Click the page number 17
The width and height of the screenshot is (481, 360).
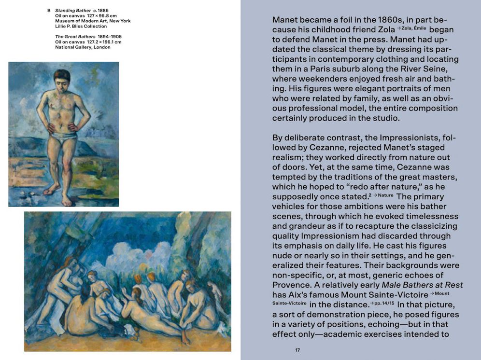click(x=297, y=350)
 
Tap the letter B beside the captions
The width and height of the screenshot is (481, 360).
click(x=49, y=11)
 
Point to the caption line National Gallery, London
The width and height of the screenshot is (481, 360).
click(x=83, y=47)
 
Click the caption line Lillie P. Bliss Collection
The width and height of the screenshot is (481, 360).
click(x=81, y=27)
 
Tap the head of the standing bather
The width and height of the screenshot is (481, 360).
click(x=62, y=78)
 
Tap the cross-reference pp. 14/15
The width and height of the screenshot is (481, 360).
click(x=382, y=304)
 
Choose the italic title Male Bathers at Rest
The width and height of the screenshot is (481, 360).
click(x=416, y=285)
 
